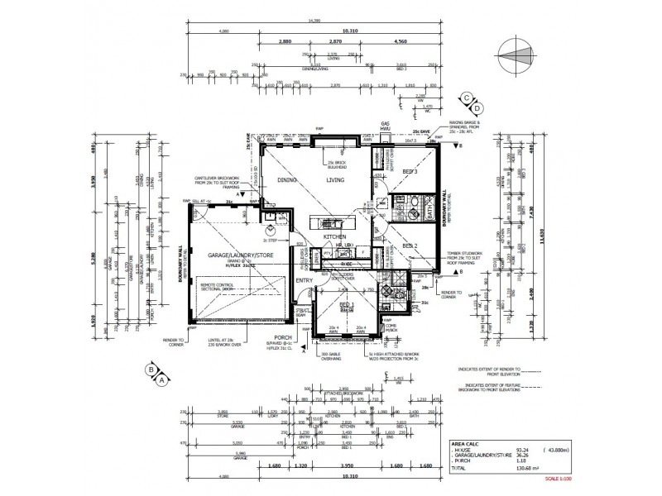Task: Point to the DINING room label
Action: [287, 179]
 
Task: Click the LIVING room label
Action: [335, 179]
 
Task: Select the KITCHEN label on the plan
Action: [333, 237]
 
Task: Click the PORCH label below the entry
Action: [284, 335]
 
